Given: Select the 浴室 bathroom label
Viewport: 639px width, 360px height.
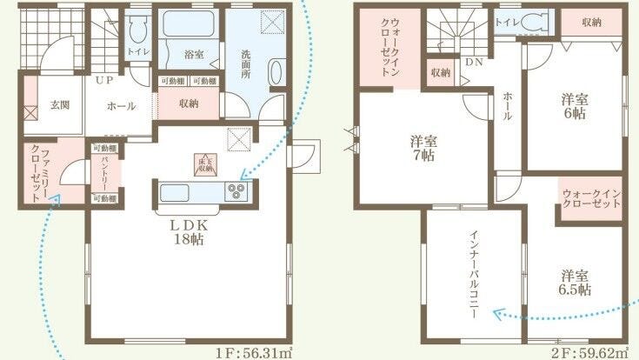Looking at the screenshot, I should (193, 54).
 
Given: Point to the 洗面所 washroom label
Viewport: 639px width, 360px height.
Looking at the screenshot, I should (246, 62).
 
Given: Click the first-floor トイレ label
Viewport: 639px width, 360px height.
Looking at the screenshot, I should (137, 53).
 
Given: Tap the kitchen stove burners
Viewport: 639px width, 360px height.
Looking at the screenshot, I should (236, 190).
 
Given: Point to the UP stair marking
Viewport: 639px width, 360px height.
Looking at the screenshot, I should (103, 81).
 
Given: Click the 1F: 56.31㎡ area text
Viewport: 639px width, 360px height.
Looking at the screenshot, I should (256, 352).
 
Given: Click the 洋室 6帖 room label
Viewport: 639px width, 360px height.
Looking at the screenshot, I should (572, 106).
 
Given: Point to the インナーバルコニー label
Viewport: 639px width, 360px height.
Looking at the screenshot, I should (473, 274).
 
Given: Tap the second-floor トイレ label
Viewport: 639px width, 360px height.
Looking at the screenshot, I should (504, 23).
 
